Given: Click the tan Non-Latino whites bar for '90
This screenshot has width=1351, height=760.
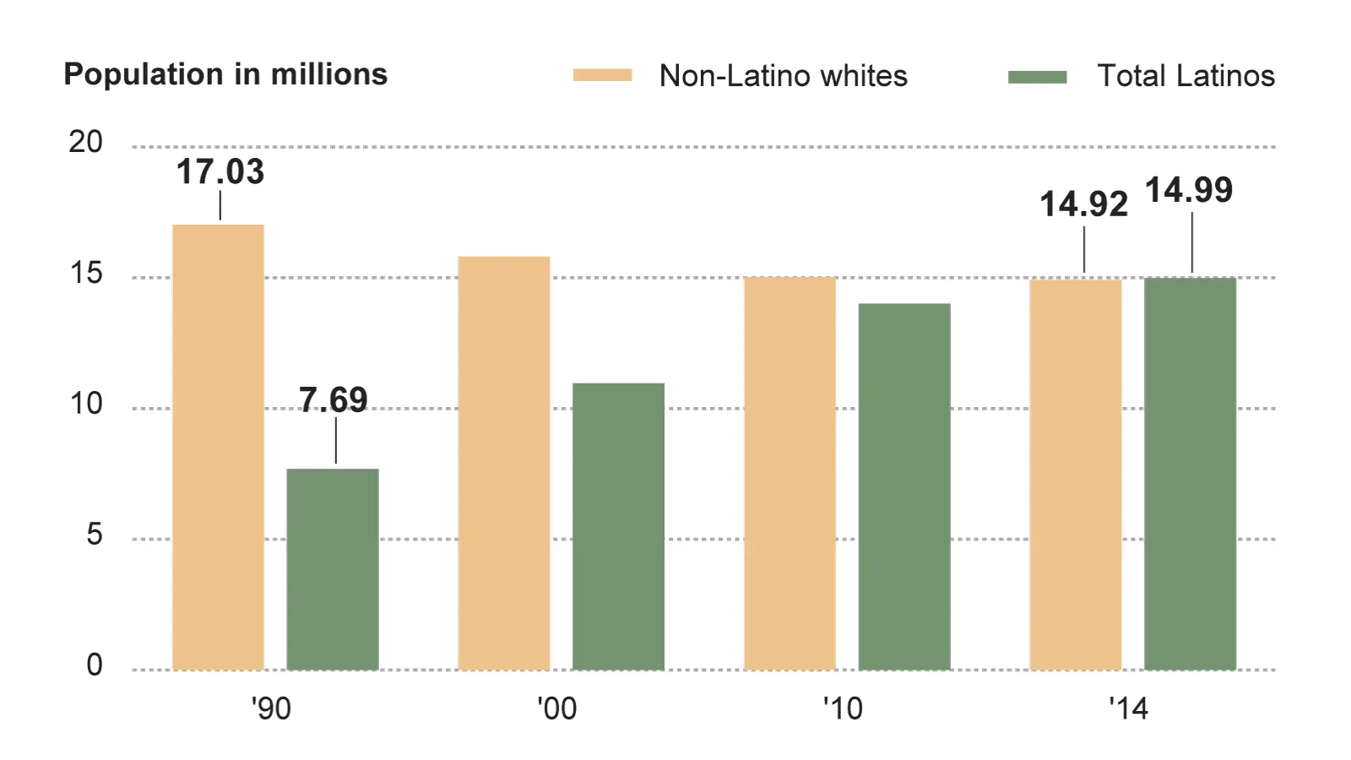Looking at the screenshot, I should point(218,448).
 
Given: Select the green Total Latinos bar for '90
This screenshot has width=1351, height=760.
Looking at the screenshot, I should point(333,569).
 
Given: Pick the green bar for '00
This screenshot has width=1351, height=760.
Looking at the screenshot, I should point(618,527).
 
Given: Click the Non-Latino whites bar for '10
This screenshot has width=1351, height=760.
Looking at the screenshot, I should point(789,473).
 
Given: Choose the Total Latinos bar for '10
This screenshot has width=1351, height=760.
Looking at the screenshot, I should point(904,486).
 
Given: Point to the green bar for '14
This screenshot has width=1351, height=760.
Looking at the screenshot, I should point(1190,474).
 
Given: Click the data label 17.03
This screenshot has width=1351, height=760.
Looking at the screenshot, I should point(220,172).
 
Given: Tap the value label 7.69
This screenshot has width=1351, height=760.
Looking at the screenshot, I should point(334,399).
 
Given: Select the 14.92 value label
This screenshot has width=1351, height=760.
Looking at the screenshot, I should point(1083,204).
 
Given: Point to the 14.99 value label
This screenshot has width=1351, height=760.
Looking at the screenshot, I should point(1189,190).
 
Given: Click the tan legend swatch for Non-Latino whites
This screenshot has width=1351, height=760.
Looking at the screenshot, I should point(602,76).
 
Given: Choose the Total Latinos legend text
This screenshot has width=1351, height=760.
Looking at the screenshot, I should point(1186,76).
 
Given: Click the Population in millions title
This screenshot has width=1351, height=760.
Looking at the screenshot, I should point(225,74).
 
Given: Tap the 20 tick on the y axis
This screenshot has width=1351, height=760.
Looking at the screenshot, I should point(86,142).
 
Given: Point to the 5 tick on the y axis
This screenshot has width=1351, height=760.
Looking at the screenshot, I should point(95,535).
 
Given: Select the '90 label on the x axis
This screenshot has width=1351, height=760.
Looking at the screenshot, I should point(271,708).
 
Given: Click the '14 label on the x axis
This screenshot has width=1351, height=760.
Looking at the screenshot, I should point(1128,708).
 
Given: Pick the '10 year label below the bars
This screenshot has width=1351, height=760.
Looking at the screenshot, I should point(843,708).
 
